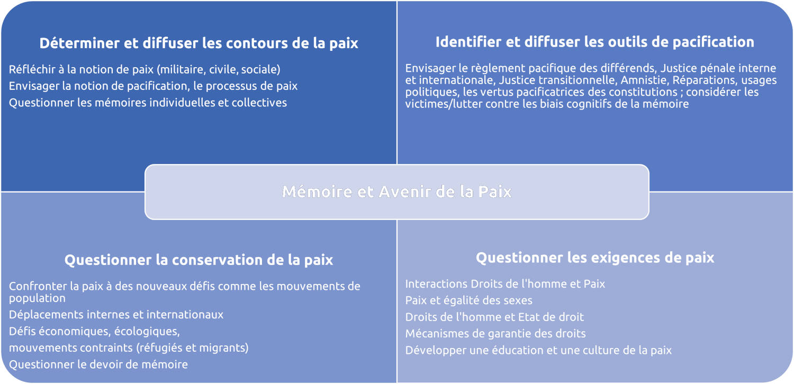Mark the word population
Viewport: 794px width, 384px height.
coord(37,299)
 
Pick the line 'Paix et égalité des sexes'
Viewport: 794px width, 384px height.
coord(468,300)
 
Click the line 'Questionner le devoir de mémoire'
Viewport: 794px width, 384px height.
coord(98,364)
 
